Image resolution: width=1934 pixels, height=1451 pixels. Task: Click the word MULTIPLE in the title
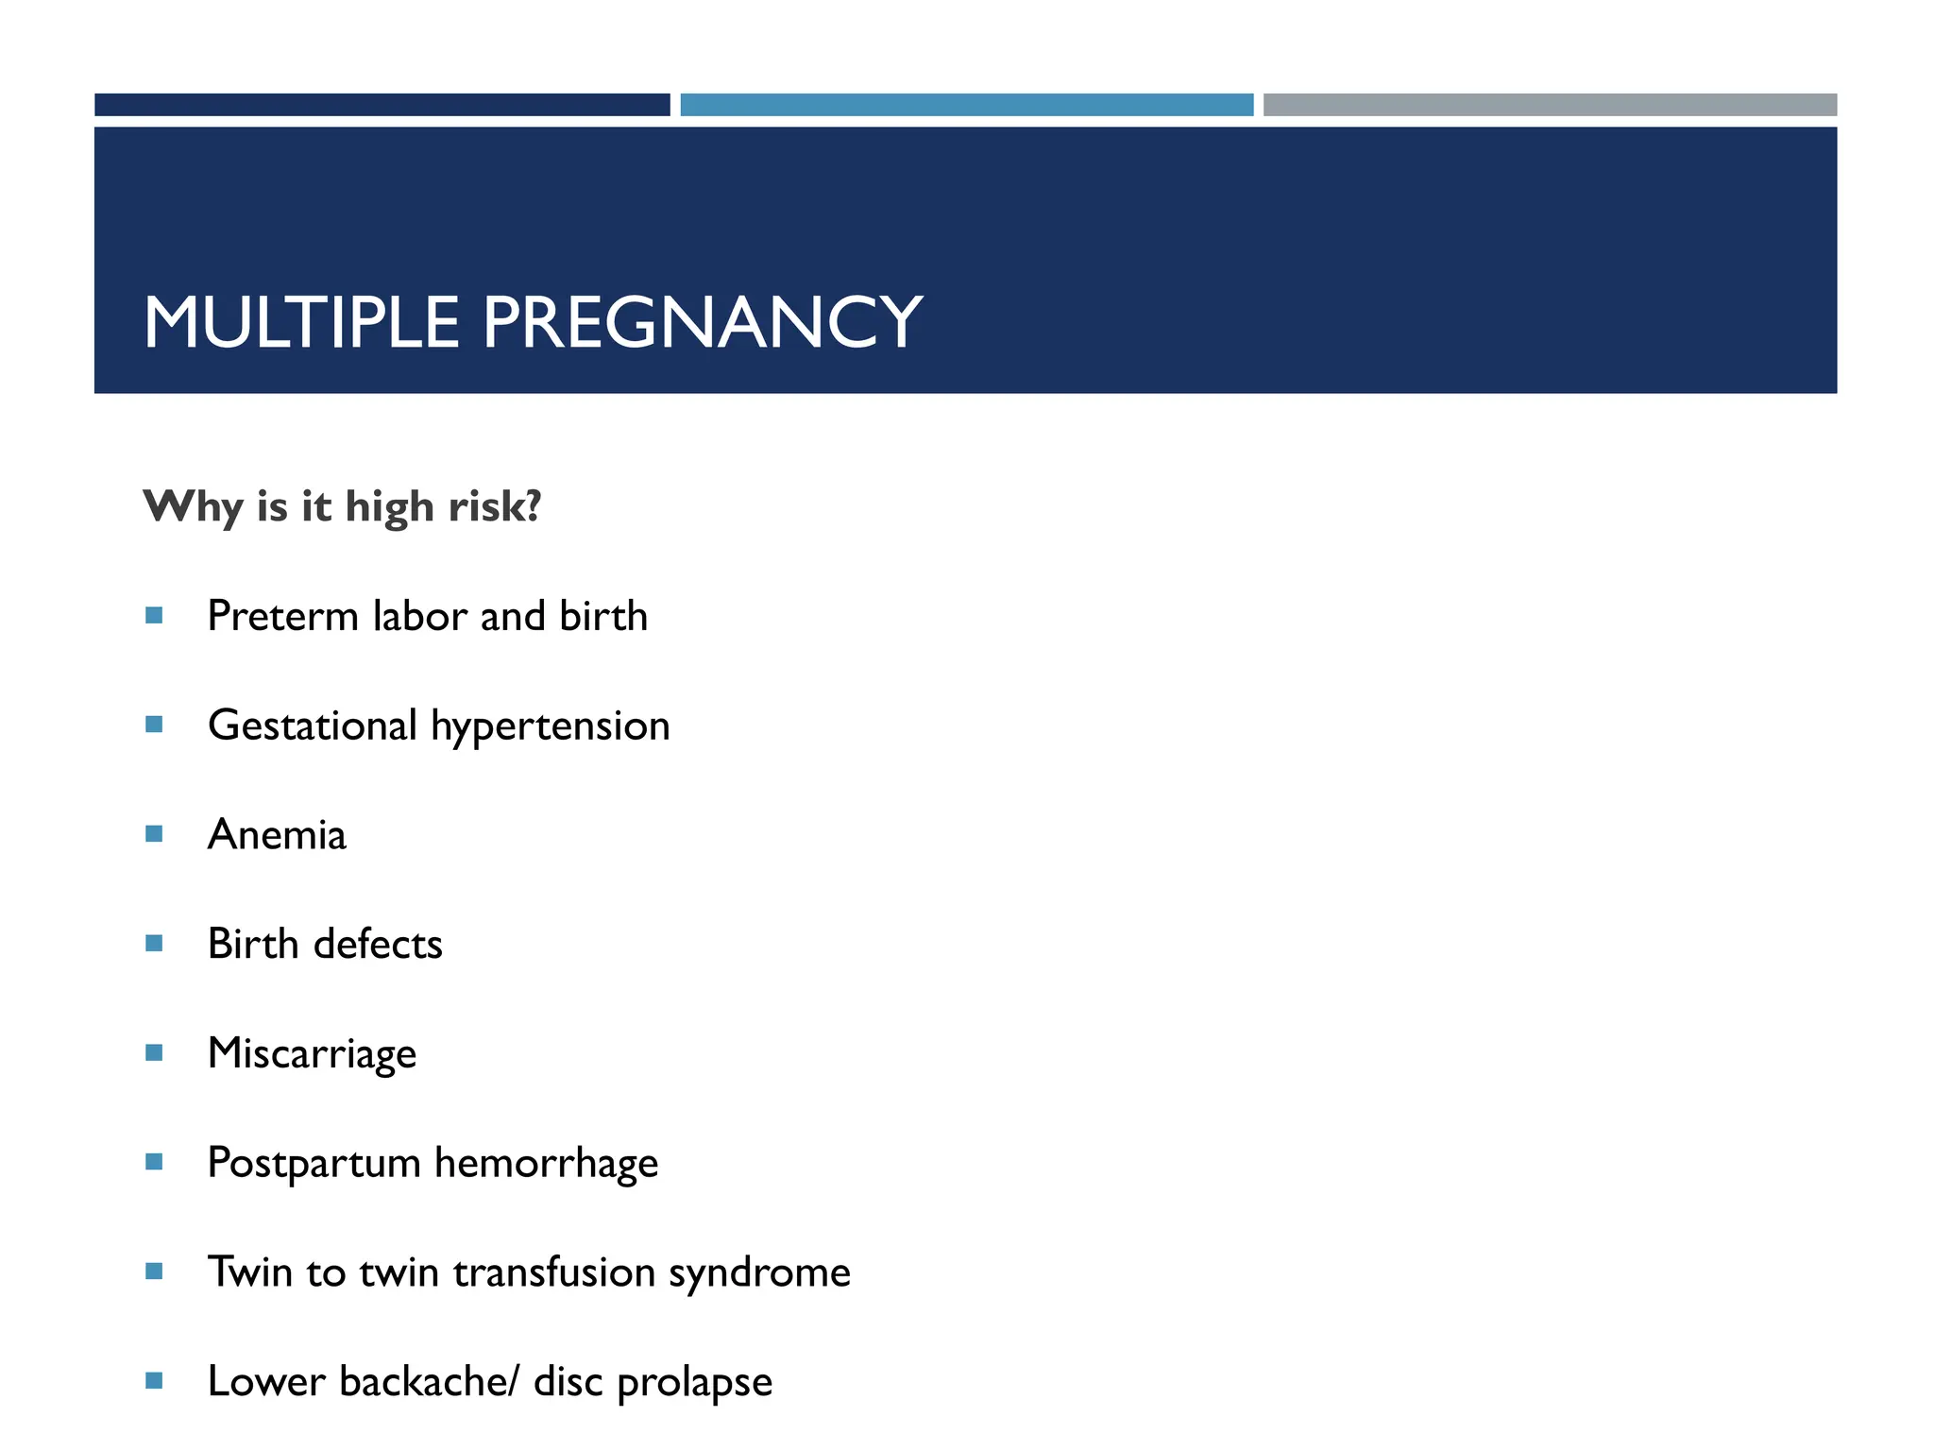pyautogui.click(x=301, y=322)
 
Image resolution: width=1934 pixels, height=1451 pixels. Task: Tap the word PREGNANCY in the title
pyautogui.click(x=702, y=322)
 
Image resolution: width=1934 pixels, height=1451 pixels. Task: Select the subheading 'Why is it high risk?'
pyautogui.click(x=342, y=506)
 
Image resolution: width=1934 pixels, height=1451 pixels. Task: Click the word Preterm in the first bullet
pyautogui.click(x=282, y=616)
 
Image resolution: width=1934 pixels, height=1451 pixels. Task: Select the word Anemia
pyautogui.click(x=277, y=835)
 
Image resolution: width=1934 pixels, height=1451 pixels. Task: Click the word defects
pyautogui.click(x=378, y=944)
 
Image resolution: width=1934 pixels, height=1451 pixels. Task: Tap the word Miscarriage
pyautogui.click(x=312, y=1054)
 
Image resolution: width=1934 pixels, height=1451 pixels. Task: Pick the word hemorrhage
pyautogui.click(x=546, y=1163)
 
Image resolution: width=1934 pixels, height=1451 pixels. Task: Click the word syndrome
pyautogui.click(x=759, y=1273)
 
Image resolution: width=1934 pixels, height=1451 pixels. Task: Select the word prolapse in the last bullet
pyautogui.click(x=694, y=1382)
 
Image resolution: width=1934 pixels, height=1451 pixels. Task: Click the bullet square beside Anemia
pyautogui.click(x=155, y=834)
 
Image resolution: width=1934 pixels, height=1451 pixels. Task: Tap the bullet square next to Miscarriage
pyautogui.click(x=155, y=1052)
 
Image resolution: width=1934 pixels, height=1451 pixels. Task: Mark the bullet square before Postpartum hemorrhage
pyautogui.click(x=155, y=1162)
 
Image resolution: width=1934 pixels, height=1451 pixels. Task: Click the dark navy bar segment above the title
pyautogui.click(x=382, y=105)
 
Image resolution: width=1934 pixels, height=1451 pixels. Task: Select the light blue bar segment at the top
pyautogui.click(x=966, y=105)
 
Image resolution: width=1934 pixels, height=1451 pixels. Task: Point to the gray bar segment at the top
pyautogui.click(x=1550, y=105)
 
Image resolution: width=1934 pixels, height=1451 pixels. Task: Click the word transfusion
pyautogui.click(x=554, y=1272)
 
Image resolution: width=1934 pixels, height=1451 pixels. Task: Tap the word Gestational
pyautogui.click(x=313, y=725)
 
